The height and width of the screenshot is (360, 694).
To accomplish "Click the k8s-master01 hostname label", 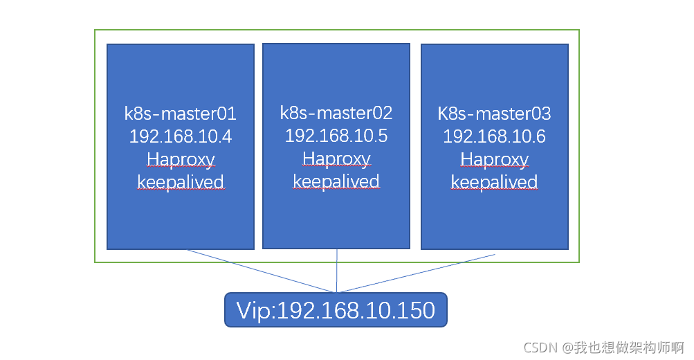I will pos(180,114).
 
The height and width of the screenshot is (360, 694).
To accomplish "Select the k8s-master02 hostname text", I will pos(336,112).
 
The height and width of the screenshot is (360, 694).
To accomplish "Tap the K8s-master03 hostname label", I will pos(494,114).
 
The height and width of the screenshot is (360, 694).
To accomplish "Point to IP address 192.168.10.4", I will pos(180,136).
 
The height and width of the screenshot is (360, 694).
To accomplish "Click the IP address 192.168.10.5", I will pos(336,135).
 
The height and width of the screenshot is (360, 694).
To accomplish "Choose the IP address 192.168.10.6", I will pos(494,136).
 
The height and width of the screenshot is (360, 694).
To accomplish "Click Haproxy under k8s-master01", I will pos(181,160).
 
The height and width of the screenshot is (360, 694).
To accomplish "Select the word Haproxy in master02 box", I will pos(336,159).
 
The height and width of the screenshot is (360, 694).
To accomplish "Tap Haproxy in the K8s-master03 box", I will pos(494,160).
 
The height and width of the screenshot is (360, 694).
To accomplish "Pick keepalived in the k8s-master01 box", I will pos(181,183).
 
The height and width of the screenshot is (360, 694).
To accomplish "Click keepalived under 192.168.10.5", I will pos(336,181).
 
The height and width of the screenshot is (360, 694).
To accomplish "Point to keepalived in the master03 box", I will pos(494,182).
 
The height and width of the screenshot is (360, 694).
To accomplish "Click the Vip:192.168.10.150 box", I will pos(336,309).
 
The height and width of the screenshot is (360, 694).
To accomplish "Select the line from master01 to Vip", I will pos(263,271).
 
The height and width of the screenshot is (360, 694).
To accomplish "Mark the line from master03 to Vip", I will pos(415,273).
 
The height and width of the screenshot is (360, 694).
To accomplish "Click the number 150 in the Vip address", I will pos(417,309).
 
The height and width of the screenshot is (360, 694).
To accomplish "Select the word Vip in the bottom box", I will pos(255,309).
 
